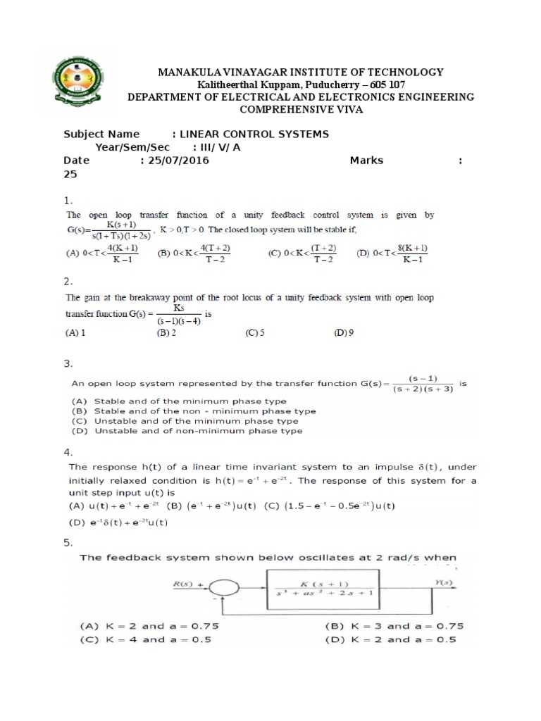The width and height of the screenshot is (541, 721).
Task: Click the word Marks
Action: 366,161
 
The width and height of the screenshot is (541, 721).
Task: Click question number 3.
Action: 68,364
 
